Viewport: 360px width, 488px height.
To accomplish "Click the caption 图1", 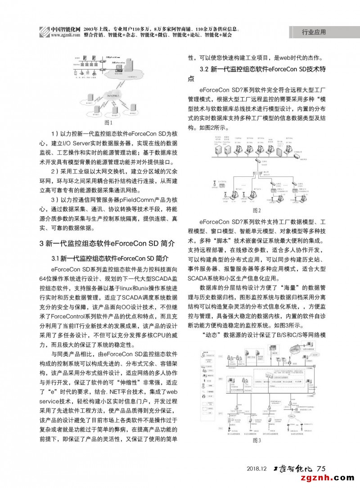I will pos(108,122).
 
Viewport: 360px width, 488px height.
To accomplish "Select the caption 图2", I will pos(256,210).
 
